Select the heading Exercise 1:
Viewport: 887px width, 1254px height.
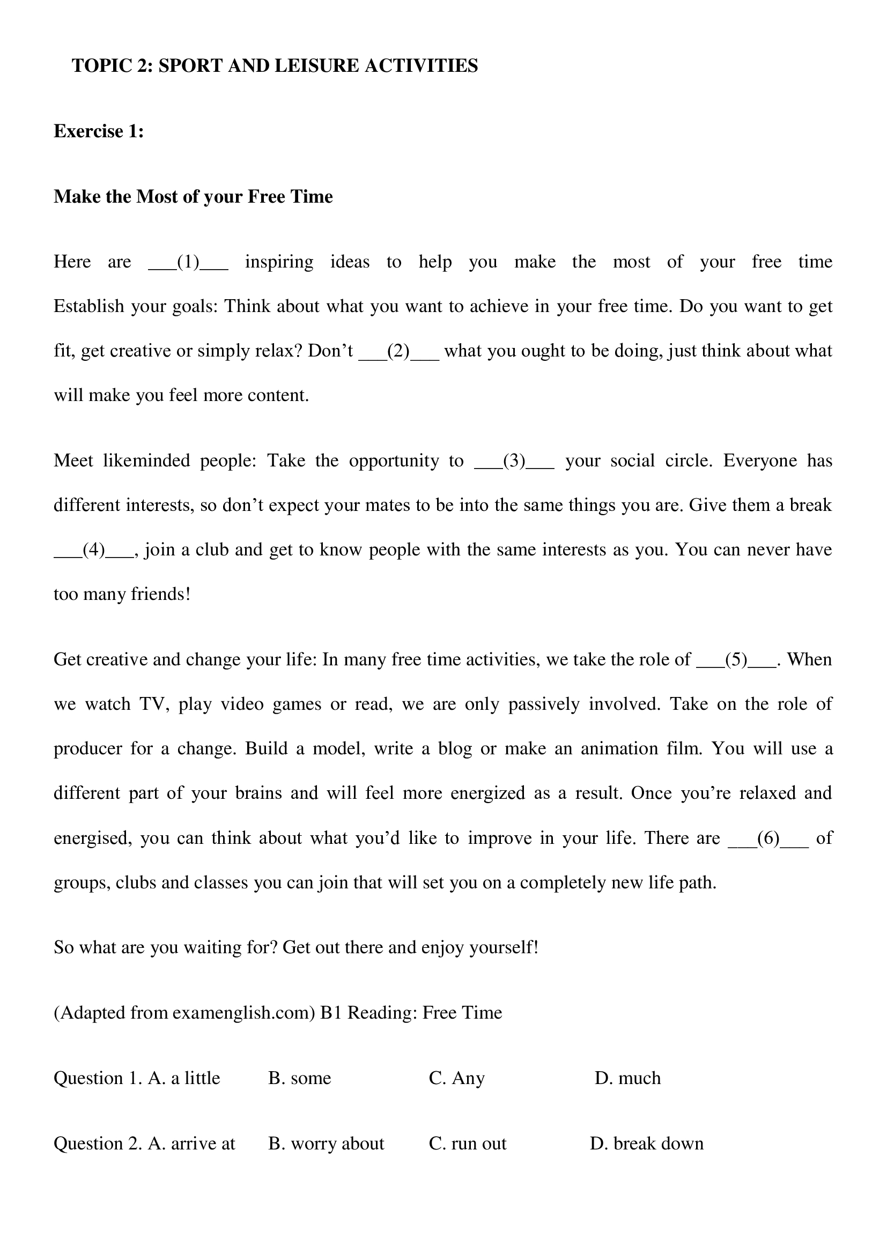pos(98,132)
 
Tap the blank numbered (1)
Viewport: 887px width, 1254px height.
pos(188,263)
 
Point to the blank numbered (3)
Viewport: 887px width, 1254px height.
pos(514,462)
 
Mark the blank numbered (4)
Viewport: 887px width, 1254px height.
pos(93,550)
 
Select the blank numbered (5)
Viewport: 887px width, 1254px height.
pos(736,661)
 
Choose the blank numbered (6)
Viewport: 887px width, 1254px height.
pos(768,839)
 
